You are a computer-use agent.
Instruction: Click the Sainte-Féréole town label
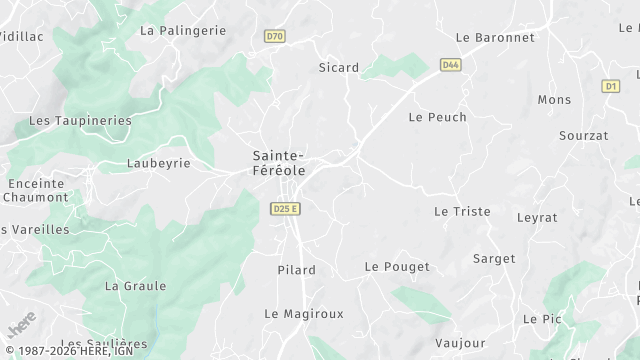click(x=278, y=163)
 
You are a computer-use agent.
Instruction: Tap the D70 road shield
click(x=275, y=36)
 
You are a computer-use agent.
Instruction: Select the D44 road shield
click(x=451, y=65)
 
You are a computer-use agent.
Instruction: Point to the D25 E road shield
click(x=286, y=208)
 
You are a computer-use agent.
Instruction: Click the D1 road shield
click(x=611, y=87)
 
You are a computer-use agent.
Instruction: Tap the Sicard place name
click(x=338, y=68)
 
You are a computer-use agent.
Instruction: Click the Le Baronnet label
click(x=495, y=37)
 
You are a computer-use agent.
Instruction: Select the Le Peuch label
click(x=438, y=117)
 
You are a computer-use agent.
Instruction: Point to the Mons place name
click(x=555, y=100)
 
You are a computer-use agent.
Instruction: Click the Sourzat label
click(x=584, y=135)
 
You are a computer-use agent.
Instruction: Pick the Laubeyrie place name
click(x=159, y=162)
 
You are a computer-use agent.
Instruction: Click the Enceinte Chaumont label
click(x=35, y=190)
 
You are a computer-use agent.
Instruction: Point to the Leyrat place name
click(x=537, y=217)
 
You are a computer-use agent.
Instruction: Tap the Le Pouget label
click(x=397, y=267)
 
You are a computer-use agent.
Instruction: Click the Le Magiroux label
click(x=304, y=313)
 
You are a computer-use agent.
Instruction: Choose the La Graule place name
click(x=135, y=286)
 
